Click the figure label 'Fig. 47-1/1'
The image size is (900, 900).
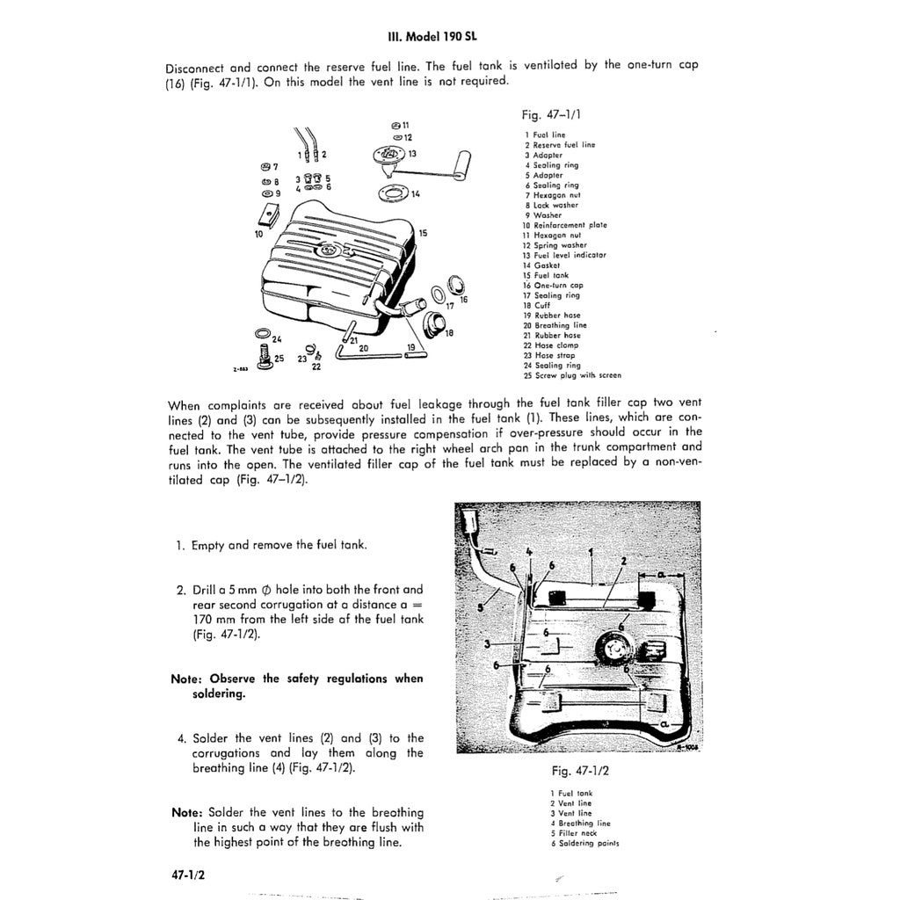(551, 114)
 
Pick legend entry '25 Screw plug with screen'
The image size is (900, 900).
(571, 375)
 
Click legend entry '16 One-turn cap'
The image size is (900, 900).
(553, 286)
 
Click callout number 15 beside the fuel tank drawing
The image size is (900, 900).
(423, 233)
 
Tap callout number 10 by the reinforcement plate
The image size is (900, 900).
(258, 235)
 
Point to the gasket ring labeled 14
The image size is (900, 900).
(389, 192)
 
